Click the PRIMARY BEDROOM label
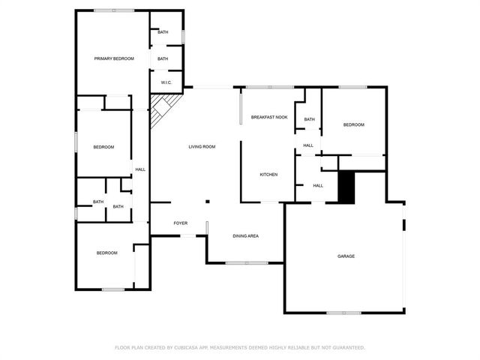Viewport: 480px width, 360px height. [114, 58]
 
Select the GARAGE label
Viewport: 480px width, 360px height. [346, 256]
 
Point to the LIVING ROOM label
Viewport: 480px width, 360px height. [202, 146]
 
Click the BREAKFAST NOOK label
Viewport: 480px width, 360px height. [269, 117]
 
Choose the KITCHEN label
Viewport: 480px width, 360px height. [268, 175]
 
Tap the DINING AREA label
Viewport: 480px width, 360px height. [245, 236]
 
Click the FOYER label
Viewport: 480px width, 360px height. [181, 223]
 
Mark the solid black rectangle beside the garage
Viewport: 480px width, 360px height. [346, 187]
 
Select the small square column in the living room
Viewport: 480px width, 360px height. [208, 201]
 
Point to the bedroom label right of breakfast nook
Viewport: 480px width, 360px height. [354, 124]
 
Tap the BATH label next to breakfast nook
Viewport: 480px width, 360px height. [308, 119]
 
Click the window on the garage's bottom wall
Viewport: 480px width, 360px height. [343, 312]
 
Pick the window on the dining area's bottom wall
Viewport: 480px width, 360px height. [247, 262]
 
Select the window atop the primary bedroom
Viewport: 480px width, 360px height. [114, 10]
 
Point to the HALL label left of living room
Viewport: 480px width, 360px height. [140, 170]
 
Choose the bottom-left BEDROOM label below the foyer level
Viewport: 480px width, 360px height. [107, 253]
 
